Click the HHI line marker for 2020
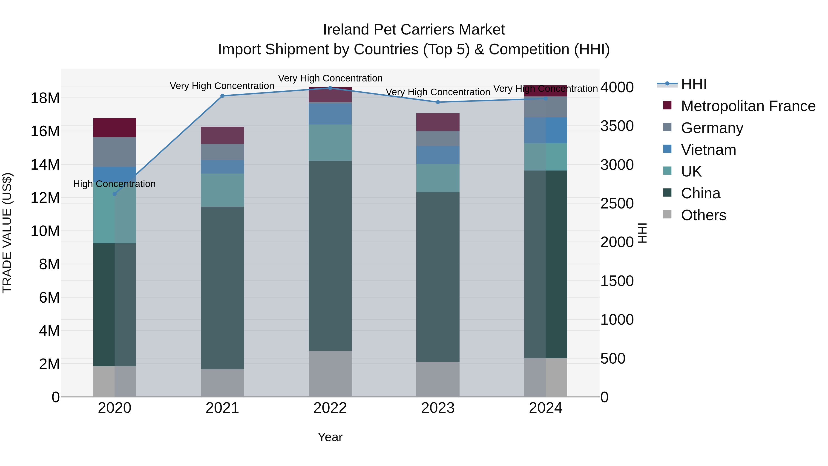click(x=115, y=194)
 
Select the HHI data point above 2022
click(x=330, y=88)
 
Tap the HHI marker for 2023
click(x=438, y=102)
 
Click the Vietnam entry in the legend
click(x=708, y=150)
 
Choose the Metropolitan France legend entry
click(x=748, y=106)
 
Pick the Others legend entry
click(x=703, y=215)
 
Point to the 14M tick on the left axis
click(x=45, y=165)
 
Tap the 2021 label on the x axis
click(x=222, y=408)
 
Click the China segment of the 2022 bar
click(x=330, y=256)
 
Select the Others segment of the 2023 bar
click(x=438, y=379)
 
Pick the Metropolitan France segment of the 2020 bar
click(x=115, y=128)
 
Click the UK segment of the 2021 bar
click(x=222, y=190)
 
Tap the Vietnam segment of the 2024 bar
click(x=546, y=130)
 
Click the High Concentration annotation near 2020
click(x=115, y=184)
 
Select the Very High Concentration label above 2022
click(x=330, y=78)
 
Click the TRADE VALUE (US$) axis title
click(x=7, y=233)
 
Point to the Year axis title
click(x=330, y=437)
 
